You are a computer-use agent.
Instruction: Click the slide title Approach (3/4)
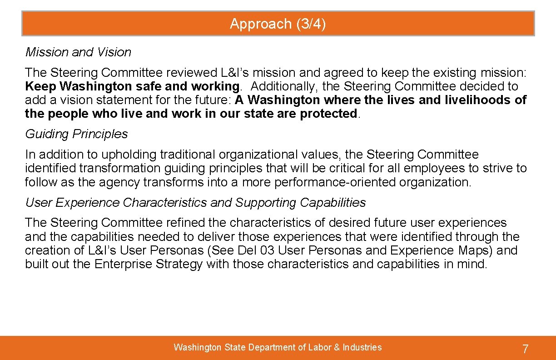(x=278, y=24)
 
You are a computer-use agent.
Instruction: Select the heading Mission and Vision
(x=78, y=52)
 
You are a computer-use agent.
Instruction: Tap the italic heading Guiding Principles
(x=76, y=134)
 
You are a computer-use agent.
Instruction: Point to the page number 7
(x=525, y=349)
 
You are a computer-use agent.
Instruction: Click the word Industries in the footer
(x=362, y=347)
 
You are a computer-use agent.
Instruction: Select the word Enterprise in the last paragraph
(x=123, y=264)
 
